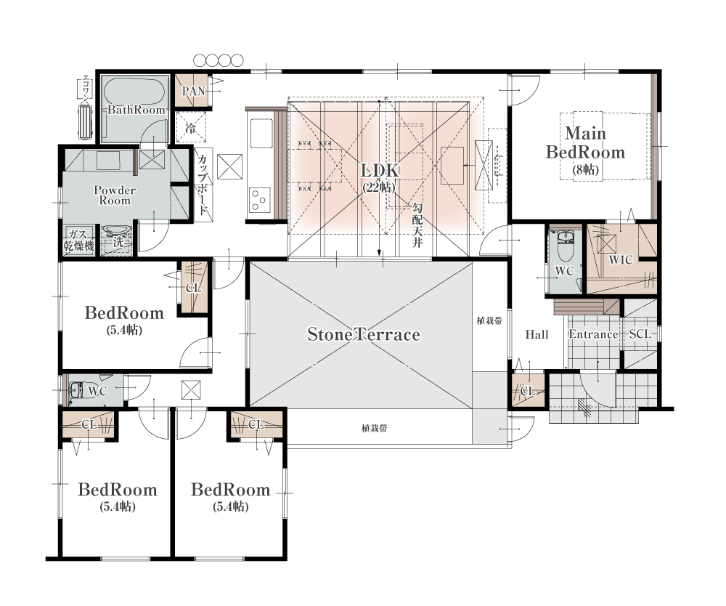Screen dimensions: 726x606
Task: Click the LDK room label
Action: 380,171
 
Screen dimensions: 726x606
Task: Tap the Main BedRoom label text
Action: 586,142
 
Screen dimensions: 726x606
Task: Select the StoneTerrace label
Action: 364,334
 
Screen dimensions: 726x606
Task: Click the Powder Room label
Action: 115,195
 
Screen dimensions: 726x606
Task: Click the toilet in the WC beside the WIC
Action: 566,246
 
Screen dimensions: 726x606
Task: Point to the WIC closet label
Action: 621,260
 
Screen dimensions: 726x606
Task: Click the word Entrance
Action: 593,334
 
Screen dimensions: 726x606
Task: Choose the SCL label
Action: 640,334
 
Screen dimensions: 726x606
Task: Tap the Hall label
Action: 537,334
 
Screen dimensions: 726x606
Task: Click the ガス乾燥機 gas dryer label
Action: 78,240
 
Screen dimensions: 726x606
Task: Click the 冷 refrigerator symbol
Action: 191,127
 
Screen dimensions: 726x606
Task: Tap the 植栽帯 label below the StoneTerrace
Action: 374,429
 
